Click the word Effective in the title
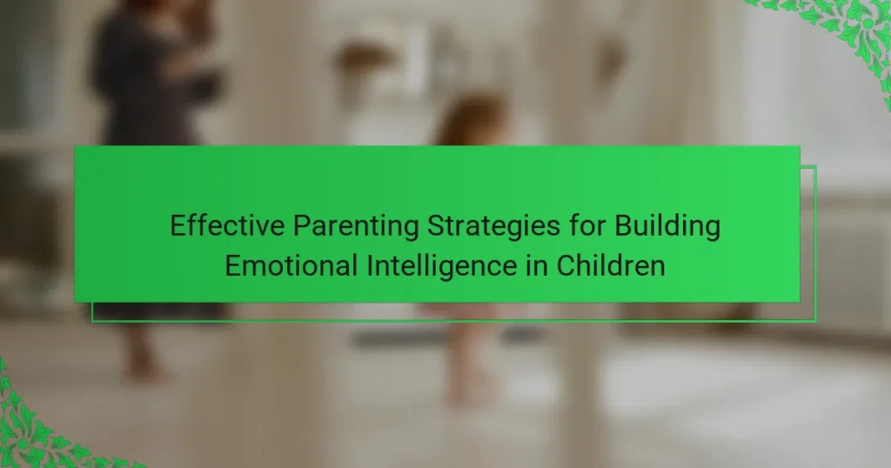[x=227, y=225]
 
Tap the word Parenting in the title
[x=356, y=227]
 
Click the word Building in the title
[x=667, y=227]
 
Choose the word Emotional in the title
[x=291, y=266]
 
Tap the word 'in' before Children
[x=536, y=266]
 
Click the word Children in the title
[x=610, y=266]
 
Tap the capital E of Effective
[x=178, y=225]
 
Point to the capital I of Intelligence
[x=369, y=266]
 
